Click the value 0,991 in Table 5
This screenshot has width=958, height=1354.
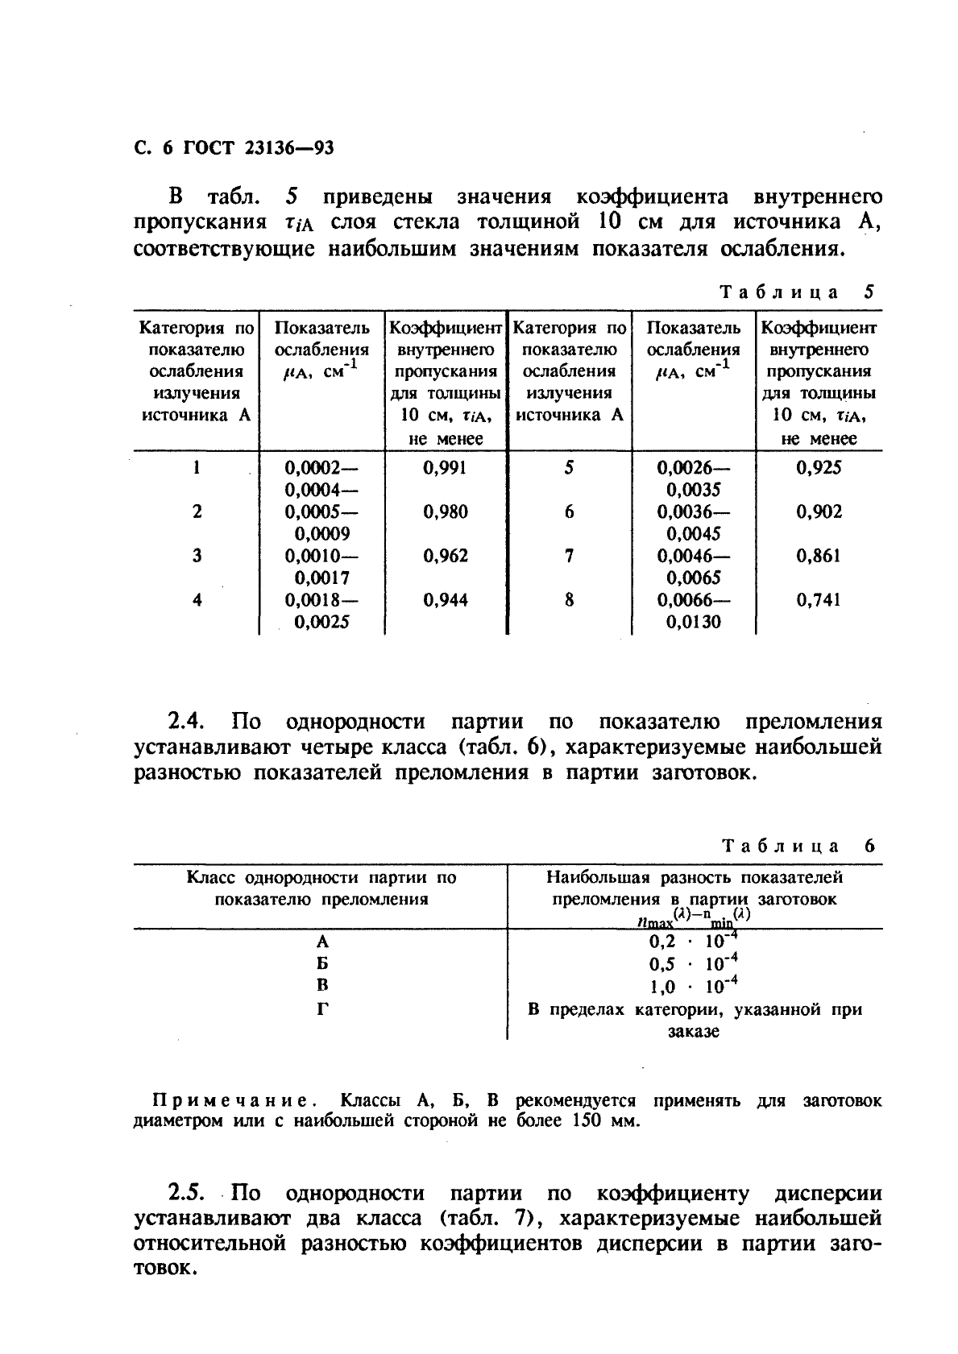444,468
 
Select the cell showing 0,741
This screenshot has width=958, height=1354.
818,600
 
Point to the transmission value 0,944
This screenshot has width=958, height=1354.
444,600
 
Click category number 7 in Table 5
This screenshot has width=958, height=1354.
569,556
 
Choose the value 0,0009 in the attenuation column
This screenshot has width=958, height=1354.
321,533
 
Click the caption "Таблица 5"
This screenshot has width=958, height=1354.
796,292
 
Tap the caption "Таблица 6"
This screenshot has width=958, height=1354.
796,846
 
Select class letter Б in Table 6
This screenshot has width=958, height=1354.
322,964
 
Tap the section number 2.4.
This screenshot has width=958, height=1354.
188,722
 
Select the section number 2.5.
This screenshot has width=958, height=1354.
188,1193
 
